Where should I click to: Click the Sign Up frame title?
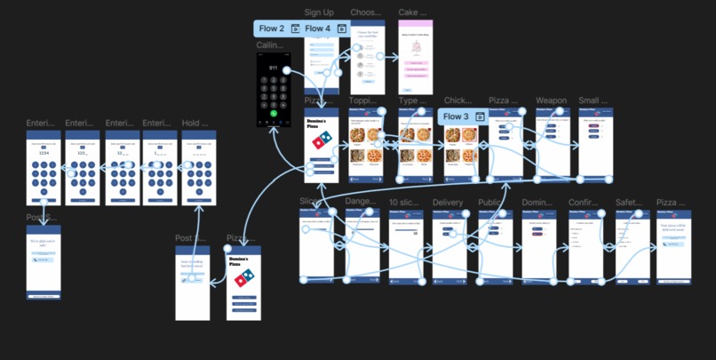(x=319, y=12)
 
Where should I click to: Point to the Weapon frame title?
(x=551, y=100)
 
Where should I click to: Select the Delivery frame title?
(x=448, y=203)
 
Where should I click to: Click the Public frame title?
(x=491, y=203)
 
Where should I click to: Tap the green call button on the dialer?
(x=273, y=114)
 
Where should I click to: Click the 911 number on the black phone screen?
(x=273, y=68)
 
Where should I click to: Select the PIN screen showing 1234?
(x=43, y=169)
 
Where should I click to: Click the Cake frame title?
(x=408, y=12)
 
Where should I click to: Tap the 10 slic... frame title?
(x=408, y=203)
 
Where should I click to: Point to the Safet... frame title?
(x=629, y=203)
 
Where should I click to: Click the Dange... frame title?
(x=362, y=203)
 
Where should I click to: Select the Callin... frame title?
(x=270, y=45)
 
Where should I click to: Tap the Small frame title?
(x=593, y=100)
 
